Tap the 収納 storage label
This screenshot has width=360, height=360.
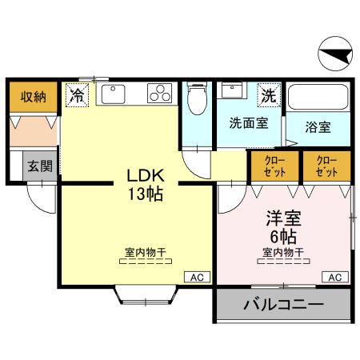point(32,97)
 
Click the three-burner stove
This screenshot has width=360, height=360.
point(160,94)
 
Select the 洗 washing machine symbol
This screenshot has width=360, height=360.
point(268,95)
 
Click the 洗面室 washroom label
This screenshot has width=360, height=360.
point(248,124)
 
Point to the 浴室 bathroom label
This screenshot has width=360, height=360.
point(318,127)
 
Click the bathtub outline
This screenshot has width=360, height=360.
point(319,98)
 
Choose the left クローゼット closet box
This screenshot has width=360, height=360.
point(274,166)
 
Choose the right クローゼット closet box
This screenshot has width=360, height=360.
point(326,166)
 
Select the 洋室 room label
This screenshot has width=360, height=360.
point(282,218)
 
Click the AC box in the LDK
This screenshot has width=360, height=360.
point(198,277)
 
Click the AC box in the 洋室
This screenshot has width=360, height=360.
point(335,277)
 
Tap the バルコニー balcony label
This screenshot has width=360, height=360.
point(282,305)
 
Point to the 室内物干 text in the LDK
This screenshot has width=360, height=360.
point(145,253)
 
